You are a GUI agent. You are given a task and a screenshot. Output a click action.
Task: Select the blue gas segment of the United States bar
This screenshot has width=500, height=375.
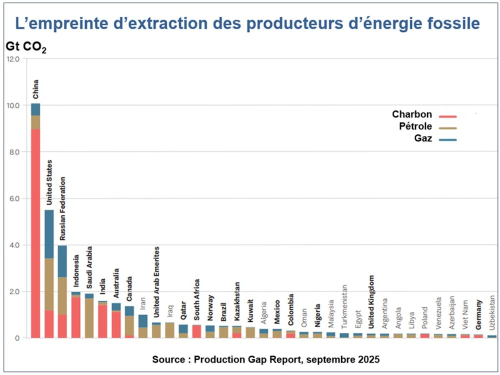tap(49, 234)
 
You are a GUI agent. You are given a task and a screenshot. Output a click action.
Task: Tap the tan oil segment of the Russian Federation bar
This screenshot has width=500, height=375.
tap(62, 295)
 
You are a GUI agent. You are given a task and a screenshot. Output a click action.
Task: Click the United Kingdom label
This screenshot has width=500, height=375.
tap(371, 295)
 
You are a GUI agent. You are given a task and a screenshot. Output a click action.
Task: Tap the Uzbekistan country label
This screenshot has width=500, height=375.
tap(492, 314)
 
